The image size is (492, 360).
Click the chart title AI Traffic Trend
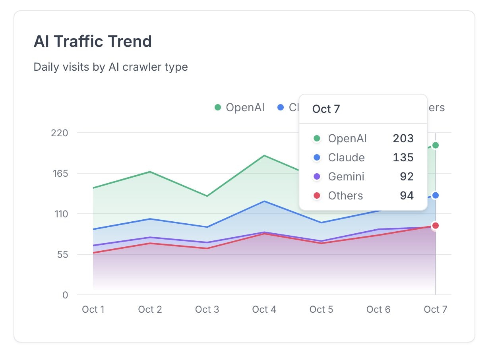(x=93, y=41)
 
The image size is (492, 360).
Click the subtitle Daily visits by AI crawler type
(x=110, y=67)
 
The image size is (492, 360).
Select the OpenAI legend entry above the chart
(x=240, y=107)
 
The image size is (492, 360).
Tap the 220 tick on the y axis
(x=60, y=133)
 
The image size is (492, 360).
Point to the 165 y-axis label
(x=60, y=173)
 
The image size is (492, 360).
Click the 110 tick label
(x=60, y=214)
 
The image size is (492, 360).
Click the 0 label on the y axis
(x=65, y=295)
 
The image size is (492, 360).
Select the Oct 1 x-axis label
(x=93, y=309)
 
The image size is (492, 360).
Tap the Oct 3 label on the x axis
(x=207, y=309)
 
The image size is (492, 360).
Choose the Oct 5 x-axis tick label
(x=321, y=309)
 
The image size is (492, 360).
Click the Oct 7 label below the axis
(x=435, y=309)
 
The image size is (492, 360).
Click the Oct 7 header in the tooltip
(x=326, y=109)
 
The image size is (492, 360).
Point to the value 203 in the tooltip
(x=403, y=139)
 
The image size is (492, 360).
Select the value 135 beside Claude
(x=403, y=158)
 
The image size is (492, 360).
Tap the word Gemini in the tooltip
(x=346, y=177)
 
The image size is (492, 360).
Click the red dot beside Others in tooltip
(x=317, y=196)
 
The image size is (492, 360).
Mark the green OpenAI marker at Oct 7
(x=436, y=145)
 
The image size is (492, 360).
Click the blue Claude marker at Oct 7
(x=436, y=195)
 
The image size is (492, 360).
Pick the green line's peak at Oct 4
(x=264, y=155)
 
